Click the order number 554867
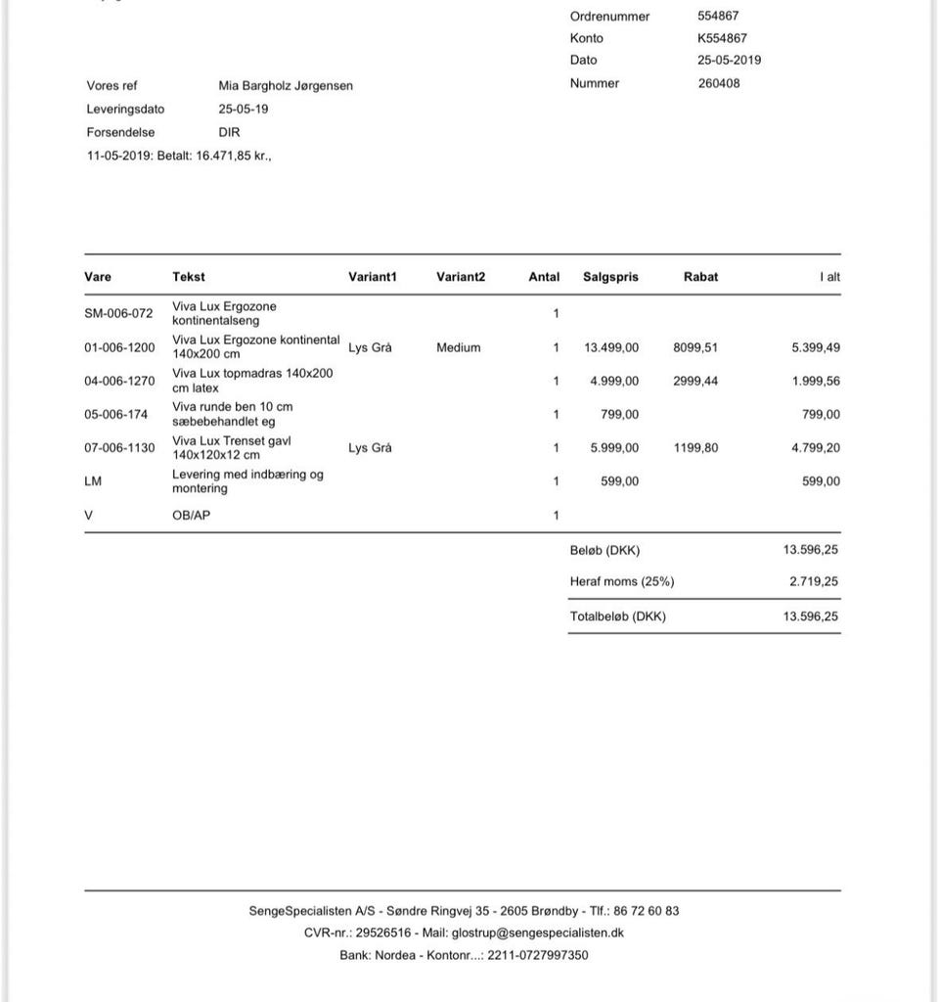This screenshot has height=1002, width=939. pyautogui.click(x=718, y=16)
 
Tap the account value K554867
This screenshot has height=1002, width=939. pyautogui.click(x=722, y=38)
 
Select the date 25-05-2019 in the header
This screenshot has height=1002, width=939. pyautogui.click(x=729, y=60)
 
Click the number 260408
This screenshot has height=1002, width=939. pyautogui.click(x=719, y=83)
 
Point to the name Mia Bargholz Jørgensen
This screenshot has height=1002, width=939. pyautogui.click(x=286, y=86)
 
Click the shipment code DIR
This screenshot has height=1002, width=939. pyautogui.click(x=229, y=132)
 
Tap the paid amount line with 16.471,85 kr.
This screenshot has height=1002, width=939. pyautogui.click(x=179, y=155)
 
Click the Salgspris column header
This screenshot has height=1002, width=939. pyautogui.click(x=610, y=277)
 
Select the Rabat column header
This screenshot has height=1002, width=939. pyautogui.click(x=700, y=277)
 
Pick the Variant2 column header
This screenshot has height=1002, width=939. pyautogui.click(x=461, y=277)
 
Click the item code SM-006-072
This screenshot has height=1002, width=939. pyautogui.click(x=118, y=314)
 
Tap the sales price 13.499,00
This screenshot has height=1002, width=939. pyautogui.click(x=611, y=347)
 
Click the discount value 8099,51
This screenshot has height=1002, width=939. pyautogui.click(x=695, y=347)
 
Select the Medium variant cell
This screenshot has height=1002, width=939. pyautogui.click(x=459, y=347)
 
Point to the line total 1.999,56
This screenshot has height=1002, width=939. pyautogui.click(x=816, y=381)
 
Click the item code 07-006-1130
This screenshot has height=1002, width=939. pyautogui.click(x=119, y=448)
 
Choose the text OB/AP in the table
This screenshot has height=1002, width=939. pyautogui.click(x=191, y=515)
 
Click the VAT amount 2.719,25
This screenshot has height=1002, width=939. pyautogui.click(x=813, y=581)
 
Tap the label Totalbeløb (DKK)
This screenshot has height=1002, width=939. pyautogui.click(x=617, y=616)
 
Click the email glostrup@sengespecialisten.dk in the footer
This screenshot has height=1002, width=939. pyautogui.click(x=537, y=933)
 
